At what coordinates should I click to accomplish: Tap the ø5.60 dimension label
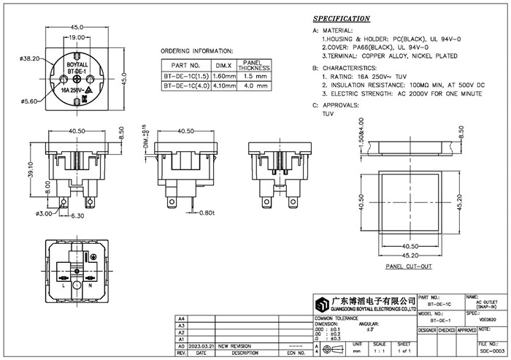[x=29, y=102]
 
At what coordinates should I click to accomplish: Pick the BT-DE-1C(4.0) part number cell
[x=188, y=85]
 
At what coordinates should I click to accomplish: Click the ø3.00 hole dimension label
[x=44, y=213]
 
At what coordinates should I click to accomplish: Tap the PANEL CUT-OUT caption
[x=408, y=268]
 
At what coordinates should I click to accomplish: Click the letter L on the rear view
[x=64, y=286]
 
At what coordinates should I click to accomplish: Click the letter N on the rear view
[x=91, y=286]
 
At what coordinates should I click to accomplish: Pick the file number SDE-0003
[x=493, y=351]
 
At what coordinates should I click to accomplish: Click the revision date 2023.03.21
[x=202, y=346]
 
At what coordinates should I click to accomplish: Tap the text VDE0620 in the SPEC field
[x=488, y=319]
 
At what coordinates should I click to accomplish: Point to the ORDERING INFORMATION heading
[x=196, y=51]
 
